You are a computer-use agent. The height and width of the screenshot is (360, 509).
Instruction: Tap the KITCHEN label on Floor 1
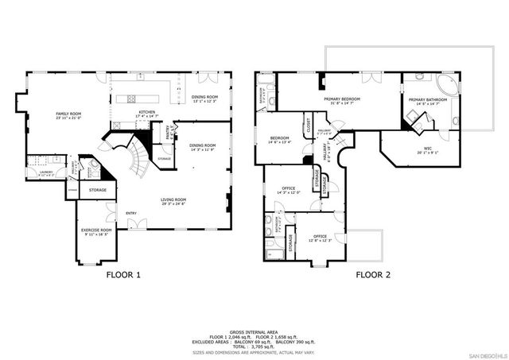click(x=146, y=112)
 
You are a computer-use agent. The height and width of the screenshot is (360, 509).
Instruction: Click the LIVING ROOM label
click(x=173, y=199)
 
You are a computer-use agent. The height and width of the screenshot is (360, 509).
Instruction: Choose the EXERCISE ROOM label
click(x=96, y=230)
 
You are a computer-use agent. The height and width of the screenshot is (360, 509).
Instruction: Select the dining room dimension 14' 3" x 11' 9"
click(x=202, y=150)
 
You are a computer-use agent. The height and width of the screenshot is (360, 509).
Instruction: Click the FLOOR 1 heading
click(x=123, y=276)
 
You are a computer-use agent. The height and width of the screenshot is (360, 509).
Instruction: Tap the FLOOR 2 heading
click(x=373, y=276)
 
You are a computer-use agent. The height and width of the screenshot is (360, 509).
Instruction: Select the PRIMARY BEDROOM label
click(x=342, y=99)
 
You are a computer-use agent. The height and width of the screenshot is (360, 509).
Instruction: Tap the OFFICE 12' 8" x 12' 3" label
click(x=320, y=236)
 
